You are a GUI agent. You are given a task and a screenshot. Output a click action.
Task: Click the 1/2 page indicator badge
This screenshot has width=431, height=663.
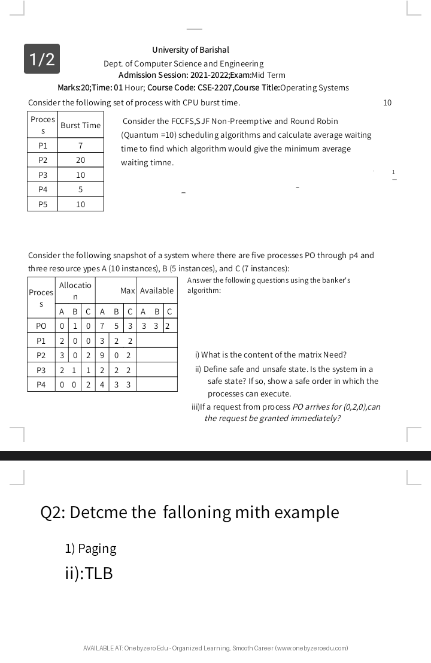42,59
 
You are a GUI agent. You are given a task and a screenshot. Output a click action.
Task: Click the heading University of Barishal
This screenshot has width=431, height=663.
190,50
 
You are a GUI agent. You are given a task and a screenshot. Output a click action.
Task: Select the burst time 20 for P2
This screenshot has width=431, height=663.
80,161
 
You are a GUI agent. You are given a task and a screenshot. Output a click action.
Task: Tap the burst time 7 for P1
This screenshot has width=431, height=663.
80,146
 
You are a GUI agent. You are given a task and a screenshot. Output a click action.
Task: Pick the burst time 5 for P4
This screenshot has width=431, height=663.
80,190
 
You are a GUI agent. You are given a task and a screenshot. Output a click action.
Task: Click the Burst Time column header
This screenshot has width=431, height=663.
80,125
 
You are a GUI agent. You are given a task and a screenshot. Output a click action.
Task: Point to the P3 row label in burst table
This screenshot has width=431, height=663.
43,175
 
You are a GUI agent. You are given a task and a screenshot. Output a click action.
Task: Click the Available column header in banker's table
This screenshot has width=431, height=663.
157,290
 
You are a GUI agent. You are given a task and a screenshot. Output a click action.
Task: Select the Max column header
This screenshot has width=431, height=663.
128,290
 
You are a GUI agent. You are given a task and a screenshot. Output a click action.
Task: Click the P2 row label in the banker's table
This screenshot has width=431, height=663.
41,355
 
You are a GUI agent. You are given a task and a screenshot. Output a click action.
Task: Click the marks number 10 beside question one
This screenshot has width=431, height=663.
387,102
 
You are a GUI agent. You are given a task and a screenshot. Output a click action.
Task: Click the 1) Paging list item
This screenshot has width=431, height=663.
90,549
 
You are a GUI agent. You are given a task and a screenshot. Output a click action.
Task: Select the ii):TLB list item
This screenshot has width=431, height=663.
89,574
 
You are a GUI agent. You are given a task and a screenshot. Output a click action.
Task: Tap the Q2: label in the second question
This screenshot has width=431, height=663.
53,513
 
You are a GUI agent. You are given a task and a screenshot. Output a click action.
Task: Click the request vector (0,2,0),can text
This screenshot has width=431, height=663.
360,407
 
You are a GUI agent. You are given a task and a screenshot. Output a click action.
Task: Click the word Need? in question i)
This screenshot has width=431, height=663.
335,355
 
